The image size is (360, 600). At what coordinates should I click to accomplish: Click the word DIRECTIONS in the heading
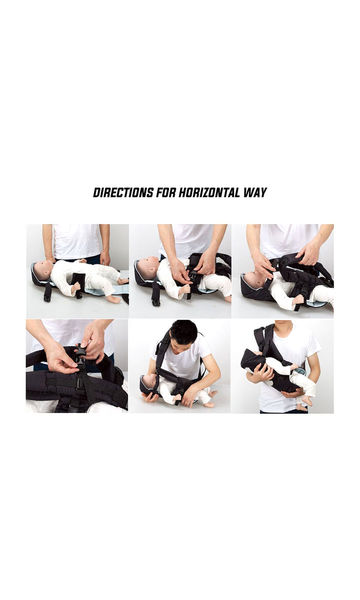point(123,192)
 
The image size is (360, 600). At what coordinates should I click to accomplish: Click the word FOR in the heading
point(166,192)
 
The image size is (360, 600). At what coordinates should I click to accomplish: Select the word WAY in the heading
point(255,192)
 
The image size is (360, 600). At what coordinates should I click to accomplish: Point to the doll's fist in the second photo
point(185,289)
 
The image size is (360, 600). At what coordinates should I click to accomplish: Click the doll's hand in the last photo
point(294,366)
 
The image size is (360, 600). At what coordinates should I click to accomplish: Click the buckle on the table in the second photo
point(156,302)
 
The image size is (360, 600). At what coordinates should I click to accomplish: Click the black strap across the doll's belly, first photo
point(77,284)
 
